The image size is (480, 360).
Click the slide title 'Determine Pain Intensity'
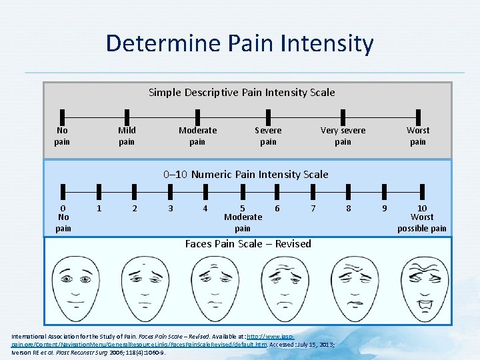[x=239, y=44]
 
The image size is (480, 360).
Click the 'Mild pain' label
[x=126, y=136]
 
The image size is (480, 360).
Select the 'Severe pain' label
[x=268, y=136]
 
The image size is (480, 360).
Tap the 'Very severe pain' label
[x=343, y=136]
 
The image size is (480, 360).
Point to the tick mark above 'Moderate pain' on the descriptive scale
[x=197, y=115]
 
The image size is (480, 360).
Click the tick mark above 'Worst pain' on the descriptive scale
[x=418, y=115]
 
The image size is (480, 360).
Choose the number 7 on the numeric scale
[x=313, y=209]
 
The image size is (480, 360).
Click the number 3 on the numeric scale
[x=171, y=209]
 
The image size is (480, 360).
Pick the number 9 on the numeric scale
[x=384, y=209]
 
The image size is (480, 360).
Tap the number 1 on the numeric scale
[x=99, y=209]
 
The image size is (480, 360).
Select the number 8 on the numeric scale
[x=348, y=209]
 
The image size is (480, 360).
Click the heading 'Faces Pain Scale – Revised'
[x=248, y=244]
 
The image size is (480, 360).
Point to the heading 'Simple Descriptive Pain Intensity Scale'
[x=241, y=93]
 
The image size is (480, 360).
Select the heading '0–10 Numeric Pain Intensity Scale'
[x=246, y=175]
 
